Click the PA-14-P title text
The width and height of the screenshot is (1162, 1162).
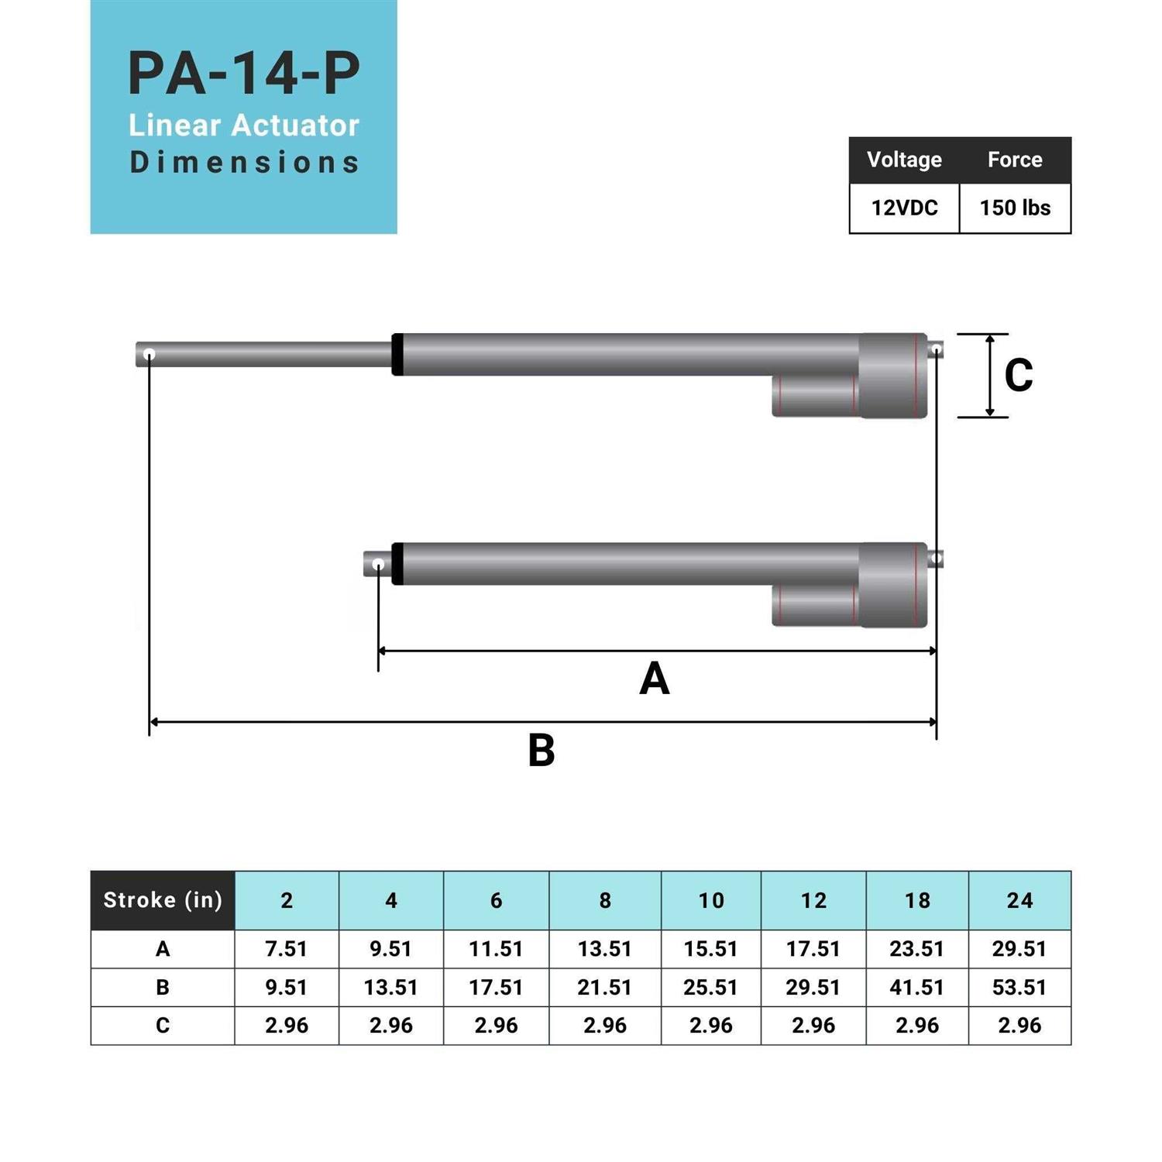pyautogui.click(x=243, y=74)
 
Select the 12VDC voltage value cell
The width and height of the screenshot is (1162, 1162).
pyautogui.click(x=904, y=208)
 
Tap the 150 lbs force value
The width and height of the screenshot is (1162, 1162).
pyautogui.click(x=1015, y=208)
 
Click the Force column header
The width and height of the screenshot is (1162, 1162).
pyautogui.click(x=1015, y=160)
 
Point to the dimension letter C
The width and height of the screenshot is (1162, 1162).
pyautogui.click(x=1019, y=375)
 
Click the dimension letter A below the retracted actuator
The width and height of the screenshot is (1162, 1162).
pyautogui.click(x=655, y=679)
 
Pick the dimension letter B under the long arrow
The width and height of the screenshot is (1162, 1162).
pyautogui.click(x=541, y=751)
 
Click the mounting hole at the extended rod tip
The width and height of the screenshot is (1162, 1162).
pyautogui.click(x=150, y=355)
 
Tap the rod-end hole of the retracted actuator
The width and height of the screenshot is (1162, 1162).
pyautogui.click(x=378, y=565)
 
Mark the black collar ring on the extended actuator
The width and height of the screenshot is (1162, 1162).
pyautogui.click(x=397, y=355)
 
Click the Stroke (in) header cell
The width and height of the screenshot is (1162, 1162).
pyautogui.click(x=163, y=900)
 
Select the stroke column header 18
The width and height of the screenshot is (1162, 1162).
pyautogui.click(x=917, y=900)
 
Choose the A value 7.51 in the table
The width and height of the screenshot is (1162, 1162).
pyautogui.click(x=287, y=949)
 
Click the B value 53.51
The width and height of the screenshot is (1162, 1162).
pyautogui.click(x=1019, y=988)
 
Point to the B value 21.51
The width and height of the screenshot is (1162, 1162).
pyautogui.click(x=605, y=988)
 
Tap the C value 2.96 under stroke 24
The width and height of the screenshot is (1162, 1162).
pyautogui.click(x=1019, y=1026)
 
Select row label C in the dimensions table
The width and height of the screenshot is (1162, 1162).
pyautogui.click(x=163, y=1026)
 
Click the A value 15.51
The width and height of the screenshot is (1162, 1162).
pyautogui.click(x=710, y=949)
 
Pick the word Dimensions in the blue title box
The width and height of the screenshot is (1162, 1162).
pyautogui.click(x=244, y=163)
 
